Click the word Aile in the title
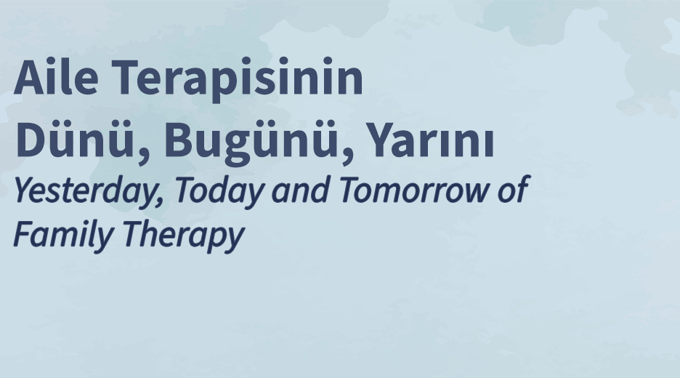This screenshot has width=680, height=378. click(56, 76)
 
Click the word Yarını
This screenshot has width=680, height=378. click(432, 140)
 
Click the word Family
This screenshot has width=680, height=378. click(63, 234)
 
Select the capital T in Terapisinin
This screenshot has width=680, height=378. click(126, 76)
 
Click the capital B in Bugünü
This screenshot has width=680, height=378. click(179, 140)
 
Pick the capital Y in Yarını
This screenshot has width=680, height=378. click(384, 140)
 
